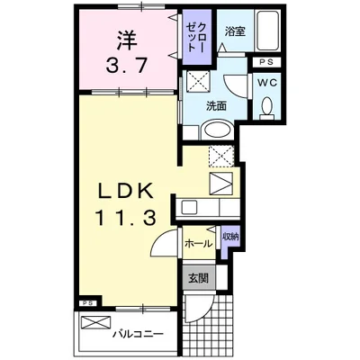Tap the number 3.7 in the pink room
(127, 66)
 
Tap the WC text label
(266, 83)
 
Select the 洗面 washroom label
(215, 106)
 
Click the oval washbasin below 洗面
(216, 130)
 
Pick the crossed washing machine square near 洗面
(197, 82)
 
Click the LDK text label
(127, 192)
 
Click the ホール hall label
(197, 243)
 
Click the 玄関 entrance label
(198, 278)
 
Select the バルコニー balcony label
(137, 335)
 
